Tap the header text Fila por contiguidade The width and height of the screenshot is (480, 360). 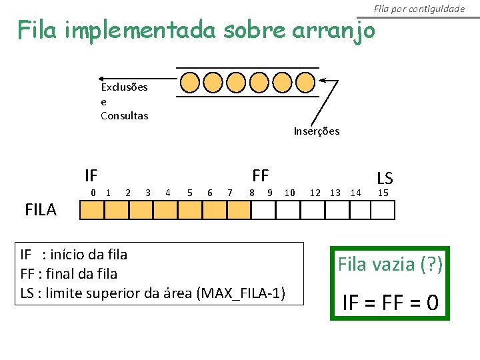[x=419, y=9]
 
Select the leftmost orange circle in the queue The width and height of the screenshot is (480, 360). [x=191, y=82]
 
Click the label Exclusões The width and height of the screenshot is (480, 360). [x=124, y=87]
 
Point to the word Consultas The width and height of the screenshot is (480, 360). [x=124, y=116]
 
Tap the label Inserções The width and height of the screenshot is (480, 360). [x=316, y=131]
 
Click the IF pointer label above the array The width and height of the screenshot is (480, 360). [x=91, y=176]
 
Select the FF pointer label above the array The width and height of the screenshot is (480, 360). [x=260, y=175]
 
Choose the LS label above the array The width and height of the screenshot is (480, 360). [x=385, y=178]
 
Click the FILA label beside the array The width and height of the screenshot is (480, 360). [x=41, y=211]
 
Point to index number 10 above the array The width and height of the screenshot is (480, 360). [x=290, y=193]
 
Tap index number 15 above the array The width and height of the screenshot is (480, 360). [x=383, y=193]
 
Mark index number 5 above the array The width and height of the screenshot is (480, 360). [x=190, y=193]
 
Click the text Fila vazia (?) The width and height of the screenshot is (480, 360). [x=390, y=264]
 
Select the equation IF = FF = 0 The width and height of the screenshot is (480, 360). [x=390, y=303]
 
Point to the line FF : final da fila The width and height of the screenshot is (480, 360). [x=69, y=273]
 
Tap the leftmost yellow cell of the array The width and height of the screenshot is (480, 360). [x=92, y=211]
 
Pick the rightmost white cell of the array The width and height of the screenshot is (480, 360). [x=383, y=211]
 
